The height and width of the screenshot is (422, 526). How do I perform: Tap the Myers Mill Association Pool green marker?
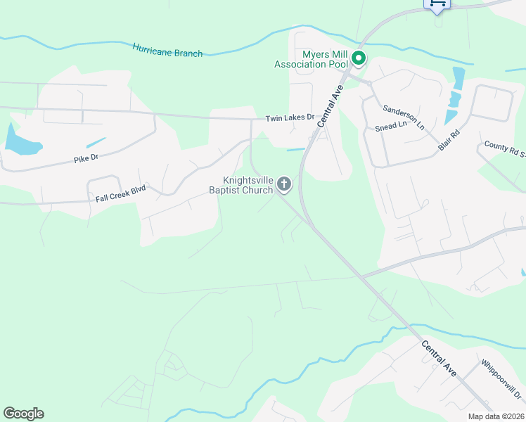359,58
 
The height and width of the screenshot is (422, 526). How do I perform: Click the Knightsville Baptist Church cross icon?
284,184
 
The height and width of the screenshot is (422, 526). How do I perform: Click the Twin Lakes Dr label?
289,118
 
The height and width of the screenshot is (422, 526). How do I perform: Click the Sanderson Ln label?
404,117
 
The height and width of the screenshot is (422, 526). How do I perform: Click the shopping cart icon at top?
436,4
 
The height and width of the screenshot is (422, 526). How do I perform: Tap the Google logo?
23,414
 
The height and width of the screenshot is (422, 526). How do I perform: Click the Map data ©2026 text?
496,416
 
